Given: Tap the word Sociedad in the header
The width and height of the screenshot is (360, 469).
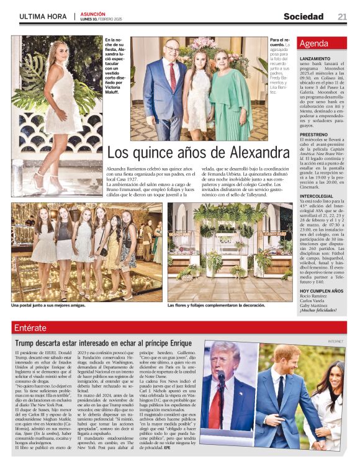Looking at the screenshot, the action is tap(304, 17).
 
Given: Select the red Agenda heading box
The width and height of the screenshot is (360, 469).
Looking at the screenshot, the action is tap(322, 44).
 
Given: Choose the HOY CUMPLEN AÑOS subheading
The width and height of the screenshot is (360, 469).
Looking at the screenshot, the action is tap(321, 291).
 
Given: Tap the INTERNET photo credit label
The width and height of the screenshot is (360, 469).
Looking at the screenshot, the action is tap(336, 341).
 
